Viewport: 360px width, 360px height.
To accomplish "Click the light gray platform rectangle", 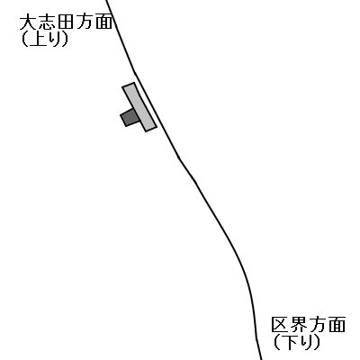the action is pyautogui.click(x=139, y=107).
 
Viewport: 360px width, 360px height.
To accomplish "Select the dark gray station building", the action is pyautogui.click(x=129, y=117).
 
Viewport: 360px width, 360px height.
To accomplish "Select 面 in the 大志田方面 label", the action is pyautogui.click(x=103, y=23).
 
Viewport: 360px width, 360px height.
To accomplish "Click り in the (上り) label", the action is pyautogui.click(x=55, y=40).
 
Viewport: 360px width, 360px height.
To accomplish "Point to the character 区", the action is pyautogui.click(x=280, y=324).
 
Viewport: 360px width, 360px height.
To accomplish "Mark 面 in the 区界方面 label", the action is pyautogui.click(x=337, y=325).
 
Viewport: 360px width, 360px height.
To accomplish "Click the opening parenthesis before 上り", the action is pyautogui.click(x=24, y=40).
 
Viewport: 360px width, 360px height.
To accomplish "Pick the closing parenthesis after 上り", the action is pyautogui.click(x=65, y=40).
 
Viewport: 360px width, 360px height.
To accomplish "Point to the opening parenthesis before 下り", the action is pyautogui.click(x=276, y=342).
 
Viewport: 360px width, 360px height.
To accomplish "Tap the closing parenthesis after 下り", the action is pyautogui.click(x=317, y=342).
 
